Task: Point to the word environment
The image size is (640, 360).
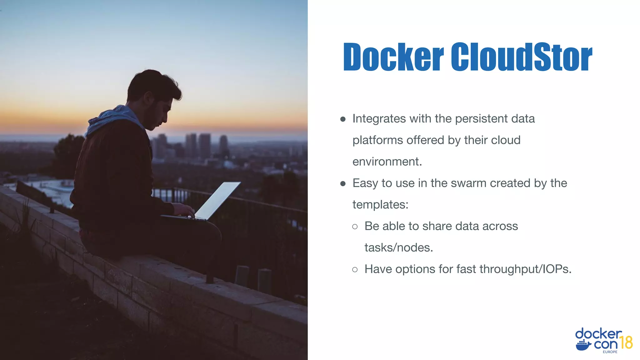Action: tap(387, 162)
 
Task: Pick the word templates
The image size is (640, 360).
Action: tap(380, 205)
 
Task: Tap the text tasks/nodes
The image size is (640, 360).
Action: tap(399, 247)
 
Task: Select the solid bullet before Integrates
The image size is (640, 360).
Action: tap(343, 119)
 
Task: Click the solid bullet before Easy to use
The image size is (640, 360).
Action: tap(343, 183)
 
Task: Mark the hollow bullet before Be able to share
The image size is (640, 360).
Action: tap(355, 227)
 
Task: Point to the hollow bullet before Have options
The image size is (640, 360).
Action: tap(355, 269)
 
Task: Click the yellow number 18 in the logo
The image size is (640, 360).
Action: tap(626, 342)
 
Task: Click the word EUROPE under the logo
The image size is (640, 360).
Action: tap(610, 352)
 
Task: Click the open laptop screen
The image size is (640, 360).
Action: tap(217, 200)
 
